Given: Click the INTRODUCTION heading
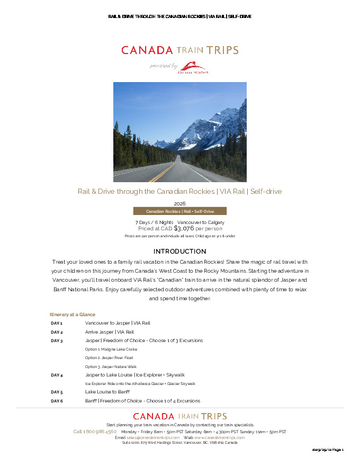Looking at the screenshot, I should (x=179, y=251).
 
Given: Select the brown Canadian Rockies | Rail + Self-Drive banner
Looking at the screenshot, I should (x=180, y=211).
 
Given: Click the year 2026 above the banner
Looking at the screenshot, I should (x=179, y=203).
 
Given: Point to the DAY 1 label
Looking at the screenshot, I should (x=57, y=323).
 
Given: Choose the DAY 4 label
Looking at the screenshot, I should (x=57, y=375).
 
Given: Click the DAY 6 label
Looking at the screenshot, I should (x=57, y=401).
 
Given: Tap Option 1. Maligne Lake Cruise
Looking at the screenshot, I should (x=111, y=349).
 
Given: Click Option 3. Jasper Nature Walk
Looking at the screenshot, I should (x=111, y=366).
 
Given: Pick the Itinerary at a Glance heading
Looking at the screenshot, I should (x=73, y=315).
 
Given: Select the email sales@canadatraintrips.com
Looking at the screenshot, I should (x=153, y=437).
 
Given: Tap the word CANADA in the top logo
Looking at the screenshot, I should (x=147, y=50).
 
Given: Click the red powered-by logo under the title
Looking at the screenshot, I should (x=193, y=67).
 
